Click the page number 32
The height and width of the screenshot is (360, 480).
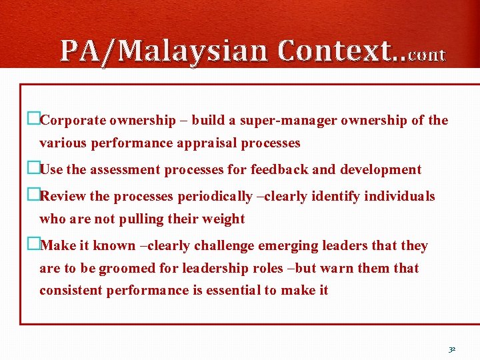[452, 349]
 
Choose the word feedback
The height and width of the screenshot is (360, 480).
[280, 170]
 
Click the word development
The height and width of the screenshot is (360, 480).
[381, 170]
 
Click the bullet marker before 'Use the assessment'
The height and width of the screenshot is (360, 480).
[33, 169]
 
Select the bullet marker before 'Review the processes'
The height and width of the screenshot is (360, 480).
[33, 196]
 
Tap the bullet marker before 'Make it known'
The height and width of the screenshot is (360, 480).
[33, 245]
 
